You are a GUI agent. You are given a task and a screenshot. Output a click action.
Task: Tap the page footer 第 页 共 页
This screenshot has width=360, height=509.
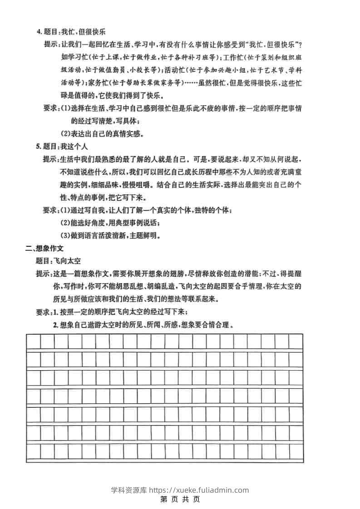point(180,499)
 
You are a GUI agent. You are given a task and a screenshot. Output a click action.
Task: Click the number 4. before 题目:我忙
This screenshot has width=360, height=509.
point(39,32)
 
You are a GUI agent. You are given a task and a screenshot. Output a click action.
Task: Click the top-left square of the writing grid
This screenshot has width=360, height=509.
point(34,342)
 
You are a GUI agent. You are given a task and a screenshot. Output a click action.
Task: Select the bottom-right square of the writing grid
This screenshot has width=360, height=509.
point(296,451)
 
